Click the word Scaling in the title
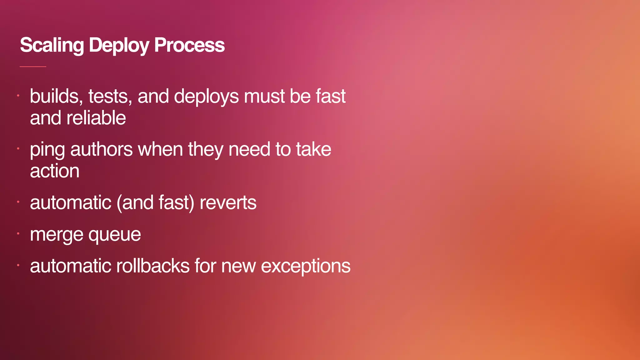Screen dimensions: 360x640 point(52,45)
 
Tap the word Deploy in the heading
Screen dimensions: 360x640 point(119,45)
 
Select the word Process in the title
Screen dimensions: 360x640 point(189,45)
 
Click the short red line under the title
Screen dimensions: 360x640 point(33,67)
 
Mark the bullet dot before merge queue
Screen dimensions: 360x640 point(18,233)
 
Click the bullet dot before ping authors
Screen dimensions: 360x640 point(18,148)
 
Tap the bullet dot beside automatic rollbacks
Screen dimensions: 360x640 point(18,265)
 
